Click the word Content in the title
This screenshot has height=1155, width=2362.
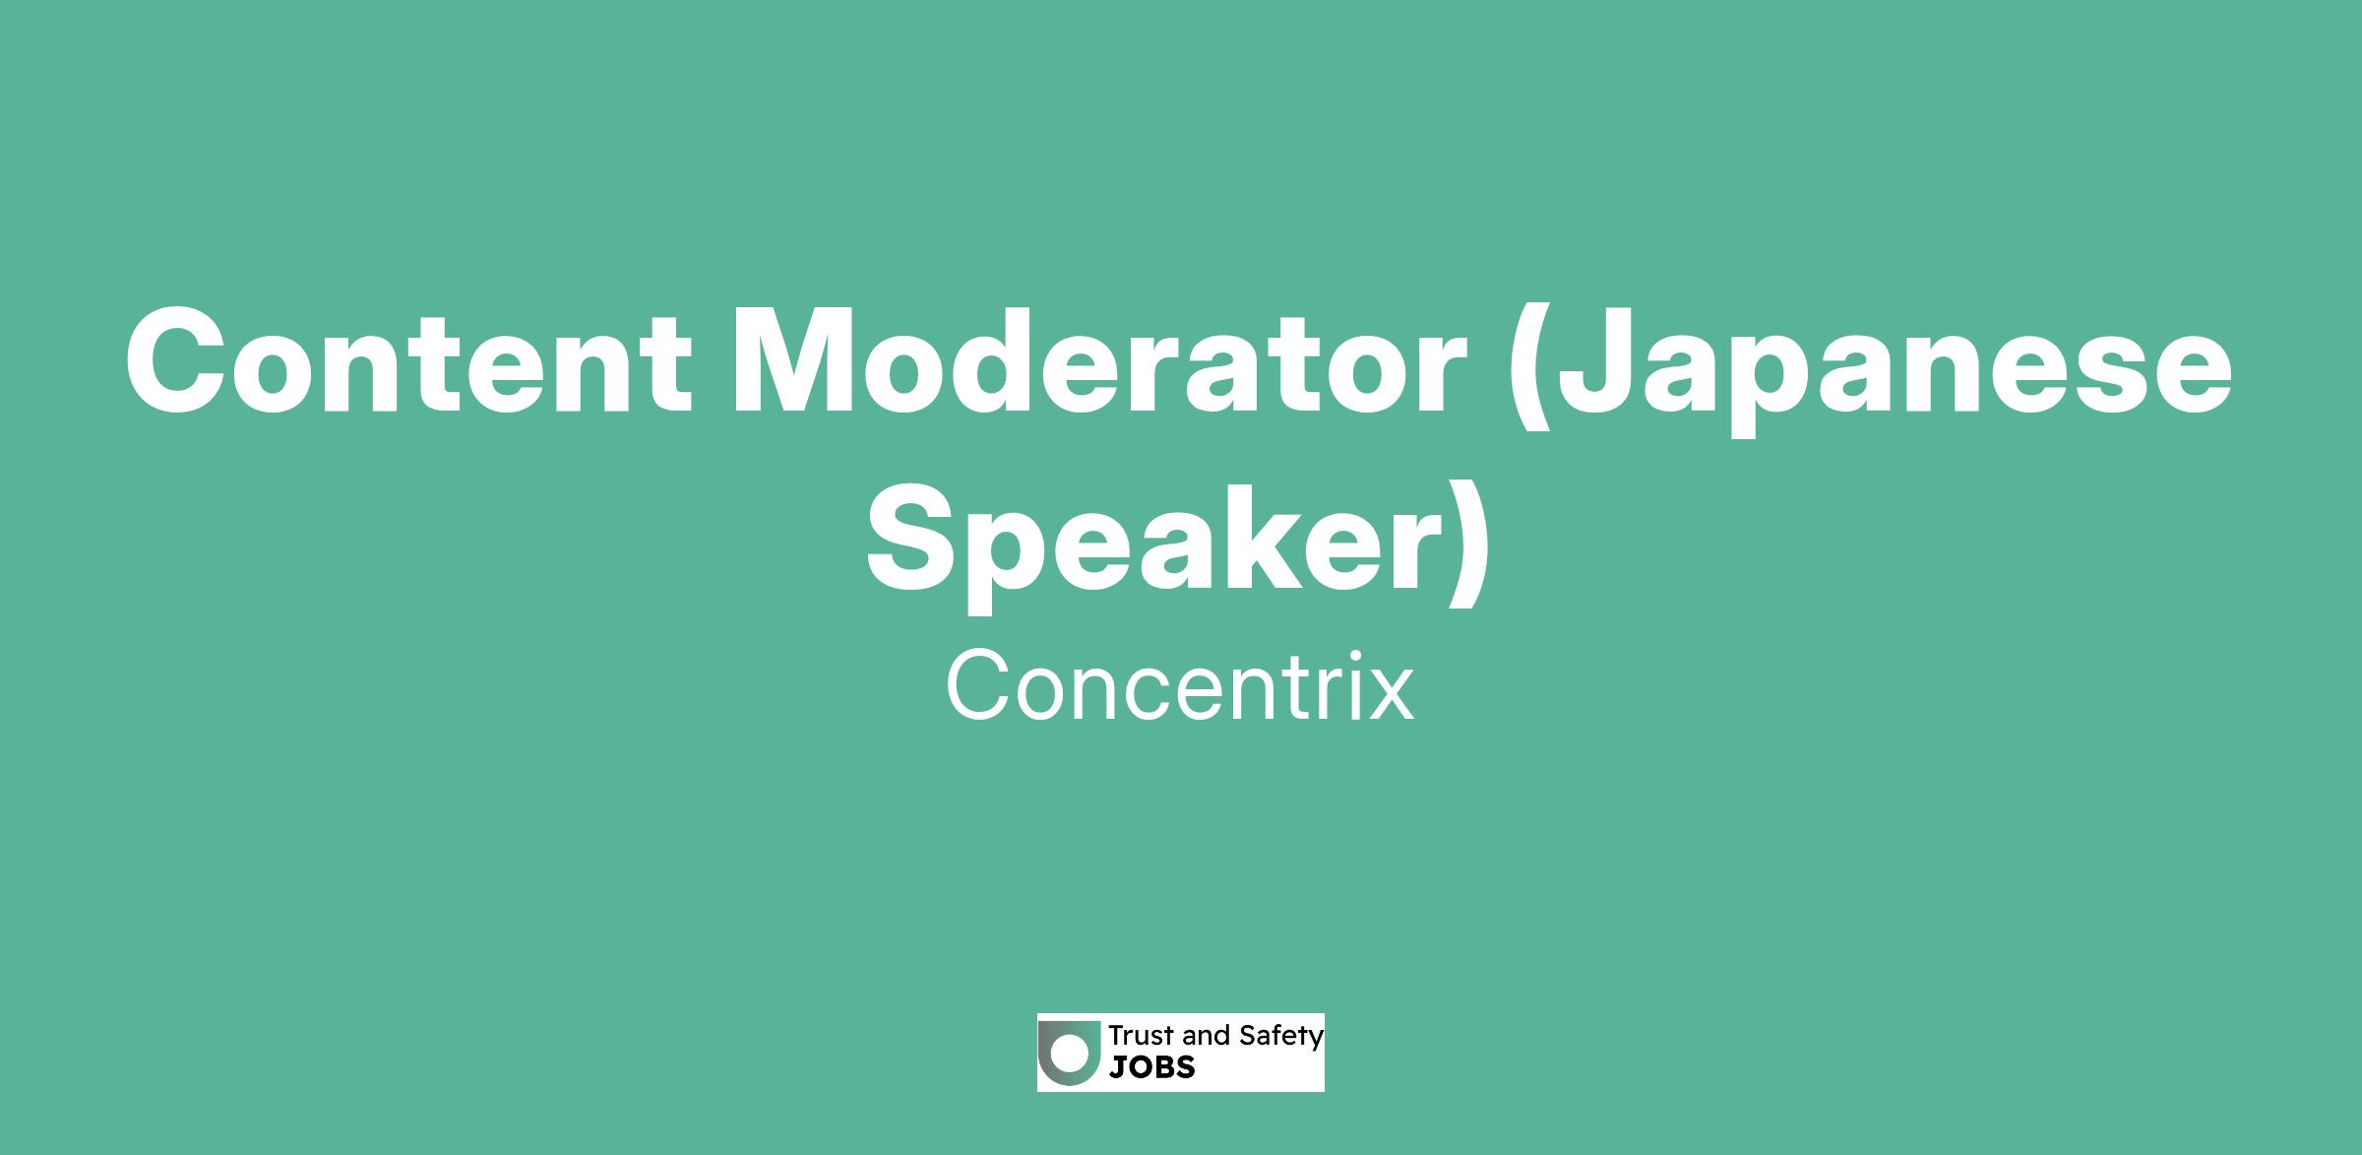coord(408,362)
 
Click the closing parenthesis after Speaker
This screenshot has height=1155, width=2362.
coord(1469,545)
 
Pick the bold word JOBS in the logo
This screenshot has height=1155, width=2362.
coord(1152,1067)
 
